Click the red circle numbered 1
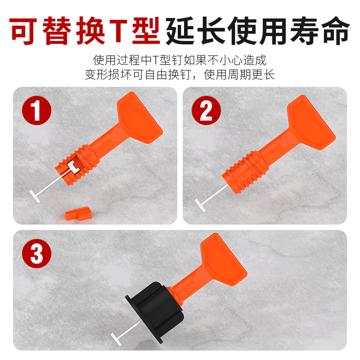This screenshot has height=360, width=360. point(36,111)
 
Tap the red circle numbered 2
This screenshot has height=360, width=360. point(206,111)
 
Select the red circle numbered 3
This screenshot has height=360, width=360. point(36,254)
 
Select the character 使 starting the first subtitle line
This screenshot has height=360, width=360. point(99,60)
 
